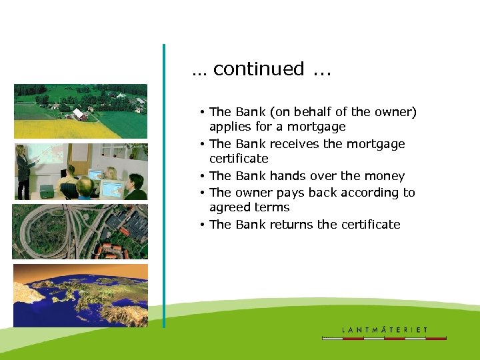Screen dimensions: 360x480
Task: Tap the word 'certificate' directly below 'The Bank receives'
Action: (239, 159)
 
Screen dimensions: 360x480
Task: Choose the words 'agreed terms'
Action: (249, 207)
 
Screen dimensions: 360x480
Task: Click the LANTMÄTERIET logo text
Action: (385, 329)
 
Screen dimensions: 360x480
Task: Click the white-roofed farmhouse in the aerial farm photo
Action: (79, 115)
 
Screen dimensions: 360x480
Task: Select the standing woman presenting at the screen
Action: (23, 170)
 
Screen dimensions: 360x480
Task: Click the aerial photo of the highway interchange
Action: (80, 231)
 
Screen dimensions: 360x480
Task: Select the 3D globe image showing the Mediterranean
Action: (80, 295)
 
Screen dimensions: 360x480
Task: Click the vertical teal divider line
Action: (163, 187)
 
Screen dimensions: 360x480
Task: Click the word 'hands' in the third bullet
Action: (287, 176)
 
